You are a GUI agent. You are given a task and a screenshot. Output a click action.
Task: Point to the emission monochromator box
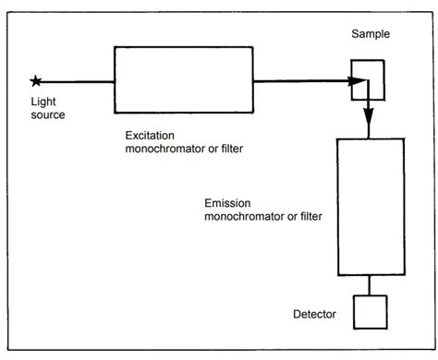pyautogui.click(x=369, y=208)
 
